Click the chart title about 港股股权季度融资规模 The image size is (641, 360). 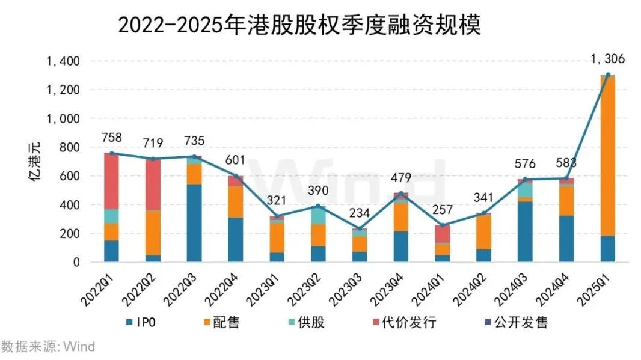coord(299,25)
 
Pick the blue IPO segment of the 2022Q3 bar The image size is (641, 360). coord(194,223)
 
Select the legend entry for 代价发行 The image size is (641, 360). coord(402,323)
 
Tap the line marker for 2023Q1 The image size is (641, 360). coord(277,216)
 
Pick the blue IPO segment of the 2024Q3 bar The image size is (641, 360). coord(524,232)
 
